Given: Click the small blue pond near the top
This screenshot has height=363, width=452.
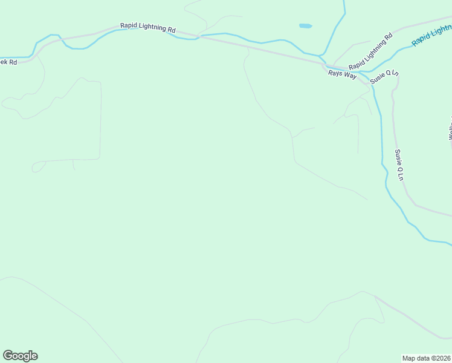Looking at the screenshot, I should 306,26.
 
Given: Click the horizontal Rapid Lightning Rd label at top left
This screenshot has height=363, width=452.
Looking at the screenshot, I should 148,27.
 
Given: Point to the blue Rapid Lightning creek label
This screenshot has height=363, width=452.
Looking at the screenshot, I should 431,34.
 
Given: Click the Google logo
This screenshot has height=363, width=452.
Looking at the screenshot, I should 20,356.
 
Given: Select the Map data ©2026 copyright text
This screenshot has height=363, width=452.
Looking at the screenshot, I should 427,358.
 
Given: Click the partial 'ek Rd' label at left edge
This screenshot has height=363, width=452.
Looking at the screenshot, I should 8,62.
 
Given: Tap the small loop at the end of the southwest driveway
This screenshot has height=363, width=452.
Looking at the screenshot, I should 38,166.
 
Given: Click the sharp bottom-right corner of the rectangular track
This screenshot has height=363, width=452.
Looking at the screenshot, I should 99,159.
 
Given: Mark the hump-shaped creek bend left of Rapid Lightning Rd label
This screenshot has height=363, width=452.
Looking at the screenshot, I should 54,36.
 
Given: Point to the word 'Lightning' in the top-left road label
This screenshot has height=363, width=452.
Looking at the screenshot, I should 153,27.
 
